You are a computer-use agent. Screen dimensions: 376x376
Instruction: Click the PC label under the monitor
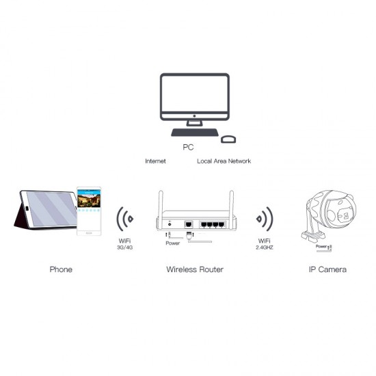(x=188, y=147)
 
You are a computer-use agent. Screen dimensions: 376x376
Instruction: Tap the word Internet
(x=155, y=161)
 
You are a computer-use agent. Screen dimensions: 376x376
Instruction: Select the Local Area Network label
(x=224, y=161)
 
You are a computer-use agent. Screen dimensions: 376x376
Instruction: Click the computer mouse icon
(x=228, y=139)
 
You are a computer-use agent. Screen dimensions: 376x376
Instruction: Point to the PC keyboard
(x=195, y=133)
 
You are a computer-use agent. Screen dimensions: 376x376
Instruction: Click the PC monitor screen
(x=194, y=94)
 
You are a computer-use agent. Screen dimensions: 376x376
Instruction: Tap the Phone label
(x=61, y=269)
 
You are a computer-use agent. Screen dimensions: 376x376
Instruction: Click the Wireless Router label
(x=195, y=269)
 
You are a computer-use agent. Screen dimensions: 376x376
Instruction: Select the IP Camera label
(x=327, y=269)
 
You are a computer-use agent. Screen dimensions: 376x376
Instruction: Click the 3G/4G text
(x=124, y=247)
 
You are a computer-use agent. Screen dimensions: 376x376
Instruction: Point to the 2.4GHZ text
(x=265, y=247)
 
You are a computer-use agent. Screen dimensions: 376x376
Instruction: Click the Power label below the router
(x=173, y=243)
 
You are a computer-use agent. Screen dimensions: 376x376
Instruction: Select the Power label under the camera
(x=321, y=246)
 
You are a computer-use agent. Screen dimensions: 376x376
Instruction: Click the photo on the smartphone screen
(x=89, y=200)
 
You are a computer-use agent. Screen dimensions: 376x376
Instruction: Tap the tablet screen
(x=51, y=209)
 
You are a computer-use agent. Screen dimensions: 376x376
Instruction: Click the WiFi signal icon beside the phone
(x=124, y=219)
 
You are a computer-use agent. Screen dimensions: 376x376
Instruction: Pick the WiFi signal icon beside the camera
(x=265, y=219)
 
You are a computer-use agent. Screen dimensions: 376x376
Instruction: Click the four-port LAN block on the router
(x=213, y=224)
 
